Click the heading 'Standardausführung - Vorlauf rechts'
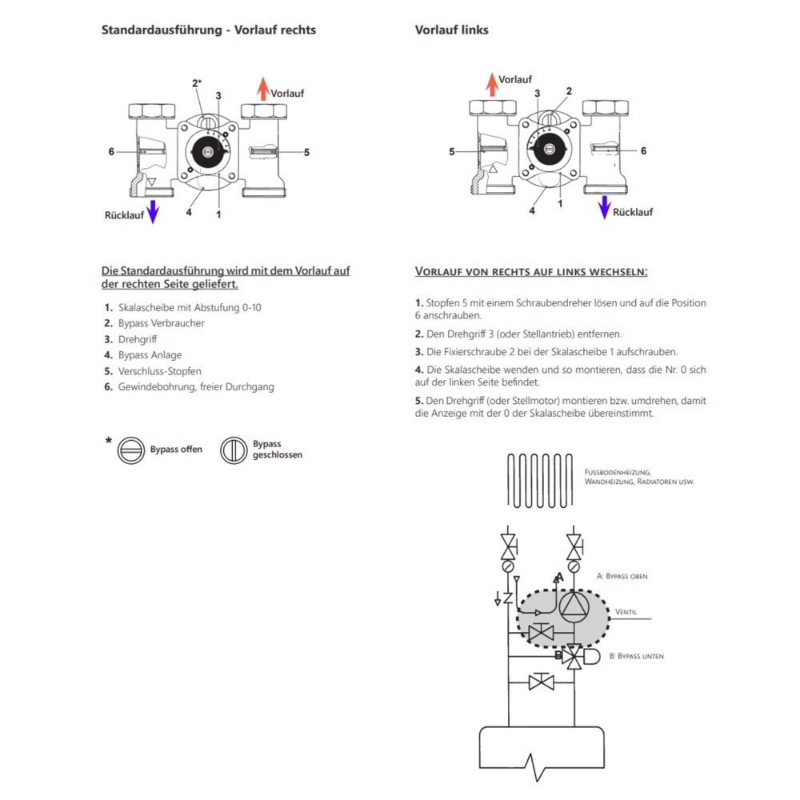tap(208, 30)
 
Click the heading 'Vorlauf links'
tap(451, 30)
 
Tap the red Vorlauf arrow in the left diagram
tap(262, 89)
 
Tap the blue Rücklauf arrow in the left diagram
tap(153, 211)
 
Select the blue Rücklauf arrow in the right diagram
tap(604, 206)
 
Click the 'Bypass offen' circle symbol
tap(131, 450)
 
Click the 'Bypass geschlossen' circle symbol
tap(234, 450)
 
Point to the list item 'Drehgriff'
tap(138, 339)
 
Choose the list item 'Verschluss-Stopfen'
tap(159, 371)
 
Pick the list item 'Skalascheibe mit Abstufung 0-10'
tap(189, 307)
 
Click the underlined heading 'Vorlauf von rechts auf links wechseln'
tap(530, 272)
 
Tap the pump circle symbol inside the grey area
tap(573, 608)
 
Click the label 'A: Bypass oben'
tap(622, 576)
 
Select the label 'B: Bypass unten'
tap(636, 656)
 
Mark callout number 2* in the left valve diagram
tap(196, 83)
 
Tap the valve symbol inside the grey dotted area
tap(542, 633)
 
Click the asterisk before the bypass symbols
tap(108, 442)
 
